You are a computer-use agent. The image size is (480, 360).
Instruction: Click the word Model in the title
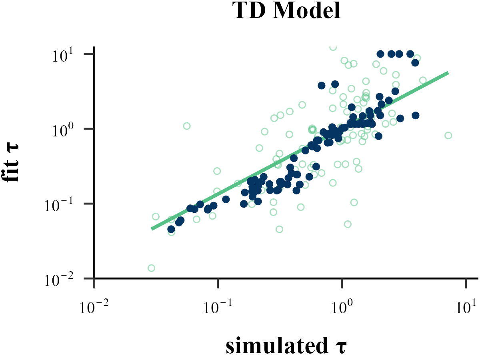tap(307, 12)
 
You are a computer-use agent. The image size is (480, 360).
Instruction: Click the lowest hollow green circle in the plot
tap(151, 268)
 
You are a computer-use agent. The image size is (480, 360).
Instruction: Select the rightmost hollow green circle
tap(448, 135)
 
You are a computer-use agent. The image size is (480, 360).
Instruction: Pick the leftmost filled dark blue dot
tap(171, 229)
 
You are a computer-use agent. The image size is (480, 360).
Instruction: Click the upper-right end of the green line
tap(448, 73)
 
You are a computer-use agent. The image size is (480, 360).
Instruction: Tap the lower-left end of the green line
tap(152, 229)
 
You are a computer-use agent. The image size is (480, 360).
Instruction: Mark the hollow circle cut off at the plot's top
tap(333, 47)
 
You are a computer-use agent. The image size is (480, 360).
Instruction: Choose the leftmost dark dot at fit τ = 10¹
tap(380, 54)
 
